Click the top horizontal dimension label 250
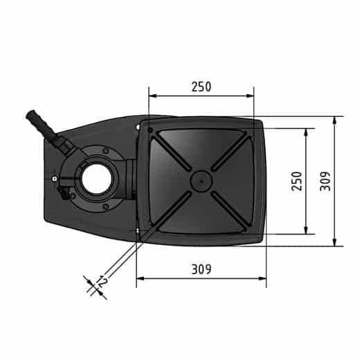click(x=201, y=87)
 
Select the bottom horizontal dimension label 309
click(x=201, y=269)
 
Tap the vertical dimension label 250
click(x=297, y=181)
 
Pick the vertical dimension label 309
click(x=325, y=181)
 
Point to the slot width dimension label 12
click(x=102, y=281)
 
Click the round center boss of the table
click(x=201, y=181)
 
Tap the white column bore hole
click(x=97, y=179)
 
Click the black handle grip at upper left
click(x=40, y=124)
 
